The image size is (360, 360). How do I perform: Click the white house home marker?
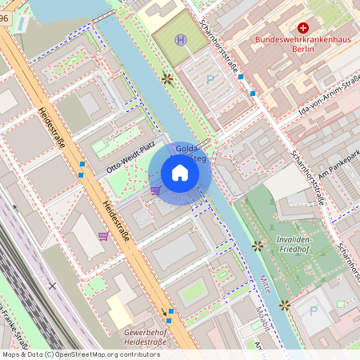click(180, 173)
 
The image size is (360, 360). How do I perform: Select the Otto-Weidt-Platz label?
click(132, 160)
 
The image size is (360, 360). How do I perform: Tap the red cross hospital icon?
click(302, 28)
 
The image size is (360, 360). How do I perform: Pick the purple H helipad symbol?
click(182, 39)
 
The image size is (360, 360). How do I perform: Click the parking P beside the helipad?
click(210, 79)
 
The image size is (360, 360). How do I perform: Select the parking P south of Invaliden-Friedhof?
click(314, 310)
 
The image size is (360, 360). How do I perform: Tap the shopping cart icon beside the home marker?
click(155, 190)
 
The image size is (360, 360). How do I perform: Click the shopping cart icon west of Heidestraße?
click(103, 235)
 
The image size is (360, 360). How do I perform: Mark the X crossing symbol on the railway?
click(52, 285)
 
